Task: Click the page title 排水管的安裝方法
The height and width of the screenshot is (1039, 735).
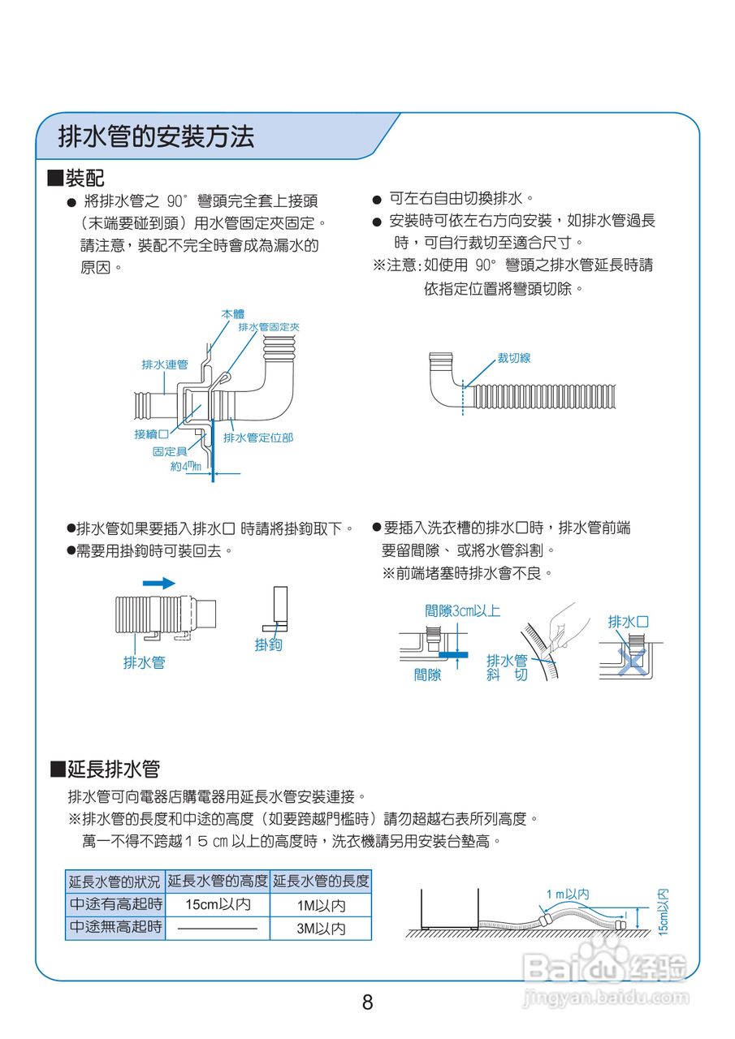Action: click(x=156, y=136)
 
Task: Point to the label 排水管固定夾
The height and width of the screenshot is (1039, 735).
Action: click(x=269, y=326)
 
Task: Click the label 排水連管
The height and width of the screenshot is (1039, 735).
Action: click(x=165, y=365)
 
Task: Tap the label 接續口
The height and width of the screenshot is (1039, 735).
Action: click(x=152, y=435)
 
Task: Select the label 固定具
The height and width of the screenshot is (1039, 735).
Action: click(x=170, y=451)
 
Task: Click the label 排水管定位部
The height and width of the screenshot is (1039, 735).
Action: click(x=258, y=438)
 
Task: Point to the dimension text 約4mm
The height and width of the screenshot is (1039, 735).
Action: click(x=185, y=467)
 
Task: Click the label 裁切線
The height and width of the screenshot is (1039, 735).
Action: click(x=514, y=358)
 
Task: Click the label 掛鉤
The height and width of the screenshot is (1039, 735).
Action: click(x=268, y=645)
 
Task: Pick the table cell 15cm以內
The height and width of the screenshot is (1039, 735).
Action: click(x=218, y=905)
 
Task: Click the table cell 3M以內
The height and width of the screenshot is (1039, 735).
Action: click(x=320, y=929)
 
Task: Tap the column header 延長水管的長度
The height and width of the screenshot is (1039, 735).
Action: click(x=321, y=881)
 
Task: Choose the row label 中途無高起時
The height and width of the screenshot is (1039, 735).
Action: click(x=115, y=927)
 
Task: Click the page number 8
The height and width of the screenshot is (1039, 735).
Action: click(x=367, y=1002)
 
